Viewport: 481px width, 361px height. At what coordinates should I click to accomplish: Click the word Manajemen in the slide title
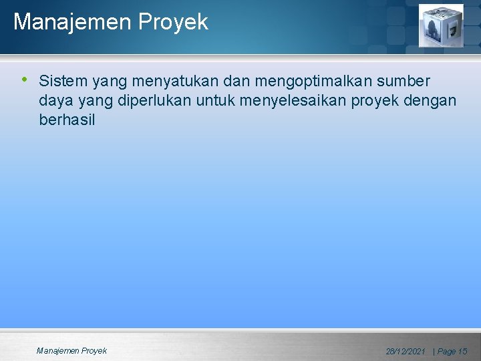[73, 23]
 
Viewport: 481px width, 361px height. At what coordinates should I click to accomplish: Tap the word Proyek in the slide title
[174, 23]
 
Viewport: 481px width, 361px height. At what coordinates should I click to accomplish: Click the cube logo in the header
[440, 25]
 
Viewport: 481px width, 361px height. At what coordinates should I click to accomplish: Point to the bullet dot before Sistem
[25, 80]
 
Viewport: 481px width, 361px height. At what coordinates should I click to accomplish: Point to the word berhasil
[67, 120]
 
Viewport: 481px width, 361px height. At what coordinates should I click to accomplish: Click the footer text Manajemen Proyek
[71, 350]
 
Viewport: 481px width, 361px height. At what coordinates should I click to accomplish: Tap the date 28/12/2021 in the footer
[406, 351]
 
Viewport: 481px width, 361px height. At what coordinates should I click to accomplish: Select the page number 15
[462, 351]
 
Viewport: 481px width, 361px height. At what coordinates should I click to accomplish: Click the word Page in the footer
[446, 351]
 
